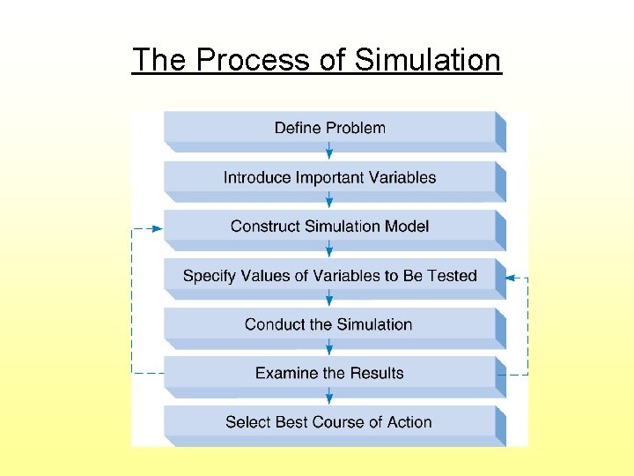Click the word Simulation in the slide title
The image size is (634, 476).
[428, 60]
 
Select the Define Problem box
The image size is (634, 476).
[329, 128]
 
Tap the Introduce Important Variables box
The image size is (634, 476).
[329, 177]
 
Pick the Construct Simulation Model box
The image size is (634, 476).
[329, 227]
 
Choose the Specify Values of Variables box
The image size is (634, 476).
[329, 276]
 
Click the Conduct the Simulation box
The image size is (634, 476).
[329, 324]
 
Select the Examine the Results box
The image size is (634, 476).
[329, 373]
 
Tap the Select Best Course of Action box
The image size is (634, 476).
[329, 422]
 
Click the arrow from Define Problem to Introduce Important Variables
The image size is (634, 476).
[329, 152]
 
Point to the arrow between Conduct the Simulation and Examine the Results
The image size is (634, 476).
[329, 348]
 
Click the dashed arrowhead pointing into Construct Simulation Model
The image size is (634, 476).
[156, 228]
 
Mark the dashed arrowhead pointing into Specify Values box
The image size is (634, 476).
[508, 278]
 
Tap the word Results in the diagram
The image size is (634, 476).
[377, 373]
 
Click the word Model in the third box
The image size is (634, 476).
[407, 227]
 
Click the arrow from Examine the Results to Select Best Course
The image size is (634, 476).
[329, 398]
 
